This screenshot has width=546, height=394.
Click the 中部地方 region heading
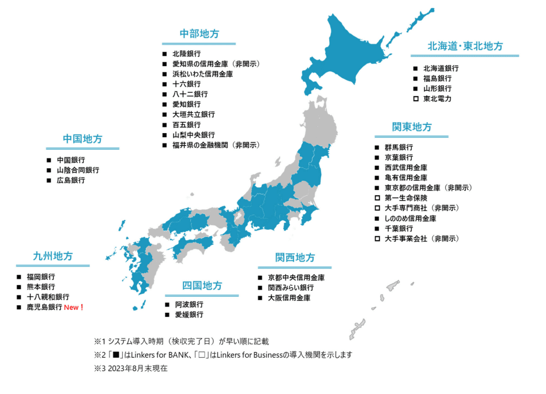199,34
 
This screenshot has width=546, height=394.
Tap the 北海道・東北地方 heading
465,47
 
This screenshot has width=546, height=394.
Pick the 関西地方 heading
295,257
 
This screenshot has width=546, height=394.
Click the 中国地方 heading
82,139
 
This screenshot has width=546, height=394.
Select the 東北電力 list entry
437,99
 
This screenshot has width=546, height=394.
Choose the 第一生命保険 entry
406,198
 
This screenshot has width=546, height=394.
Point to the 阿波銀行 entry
189,305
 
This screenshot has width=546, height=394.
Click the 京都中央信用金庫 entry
296,277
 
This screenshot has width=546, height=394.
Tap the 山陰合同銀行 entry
78,170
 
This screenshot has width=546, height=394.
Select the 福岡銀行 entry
41,276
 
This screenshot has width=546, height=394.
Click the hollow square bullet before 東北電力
415,99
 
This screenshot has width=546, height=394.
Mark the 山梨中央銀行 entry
193,135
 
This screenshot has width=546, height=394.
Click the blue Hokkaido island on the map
357,49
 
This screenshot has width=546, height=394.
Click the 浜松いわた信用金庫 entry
202,74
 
